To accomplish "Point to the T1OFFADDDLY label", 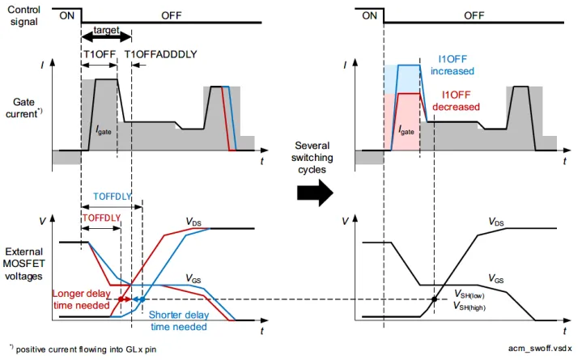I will tap(161, 53).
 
